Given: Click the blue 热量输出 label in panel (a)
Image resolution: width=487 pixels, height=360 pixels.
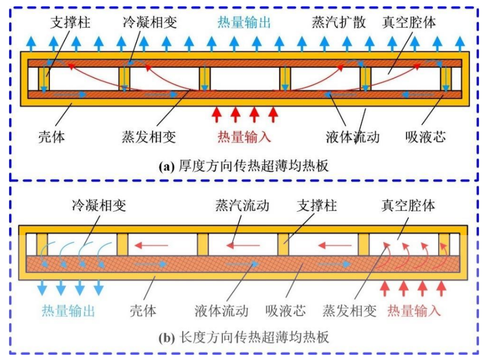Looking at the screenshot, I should pos(245,23).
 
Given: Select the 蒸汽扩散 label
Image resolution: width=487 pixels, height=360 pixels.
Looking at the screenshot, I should pos(338,23).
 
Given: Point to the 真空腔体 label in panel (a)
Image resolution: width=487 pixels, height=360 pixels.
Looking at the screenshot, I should pos(409,23).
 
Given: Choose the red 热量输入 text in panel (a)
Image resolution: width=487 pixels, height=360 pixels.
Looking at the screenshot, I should pos(245,137).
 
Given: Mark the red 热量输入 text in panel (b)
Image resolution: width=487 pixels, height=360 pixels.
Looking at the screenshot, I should pos(414,311).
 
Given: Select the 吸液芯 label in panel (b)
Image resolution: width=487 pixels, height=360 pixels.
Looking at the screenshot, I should pos(286,311).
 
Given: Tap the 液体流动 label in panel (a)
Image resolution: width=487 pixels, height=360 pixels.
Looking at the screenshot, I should pos(352,137).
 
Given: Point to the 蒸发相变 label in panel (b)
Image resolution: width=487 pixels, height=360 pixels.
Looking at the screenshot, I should pos(349,311).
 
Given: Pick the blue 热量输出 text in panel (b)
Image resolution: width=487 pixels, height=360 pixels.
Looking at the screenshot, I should pos(69,311).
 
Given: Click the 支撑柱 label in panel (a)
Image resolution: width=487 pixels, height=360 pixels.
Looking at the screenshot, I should pos(70,23).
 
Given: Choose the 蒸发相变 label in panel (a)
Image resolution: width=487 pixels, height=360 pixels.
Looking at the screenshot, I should pos(150,137).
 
